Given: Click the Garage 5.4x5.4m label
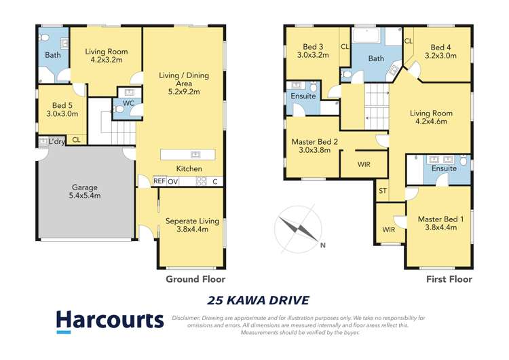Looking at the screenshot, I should tap(86, 192).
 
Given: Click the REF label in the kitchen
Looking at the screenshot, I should tap(159, 181).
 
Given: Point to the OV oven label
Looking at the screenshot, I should tap(173, 181).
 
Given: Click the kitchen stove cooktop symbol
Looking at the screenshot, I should tap(201, 181).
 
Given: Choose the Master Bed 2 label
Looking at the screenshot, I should tap(314, 146).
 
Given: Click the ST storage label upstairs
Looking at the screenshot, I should tap(383, 191).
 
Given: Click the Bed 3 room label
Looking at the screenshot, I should tap(312, 51).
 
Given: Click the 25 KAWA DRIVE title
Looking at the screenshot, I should tap(257, 300).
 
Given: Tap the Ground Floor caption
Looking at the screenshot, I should tap(195, 278).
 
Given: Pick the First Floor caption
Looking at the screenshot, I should tap(449, 278).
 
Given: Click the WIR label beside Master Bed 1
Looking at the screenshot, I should tap(389, 230).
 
